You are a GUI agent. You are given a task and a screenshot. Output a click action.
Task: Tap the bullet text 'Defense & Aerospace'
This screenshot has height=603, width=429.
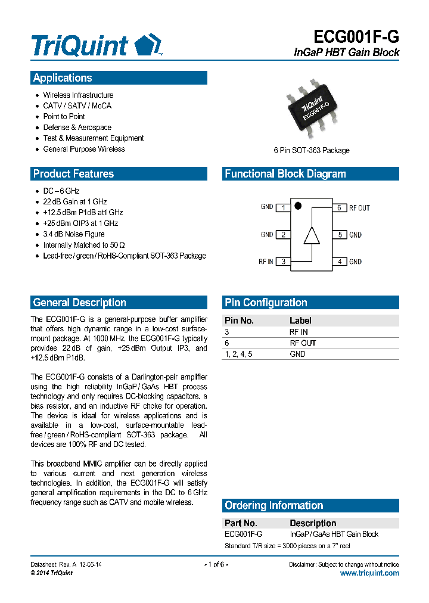(77, 128)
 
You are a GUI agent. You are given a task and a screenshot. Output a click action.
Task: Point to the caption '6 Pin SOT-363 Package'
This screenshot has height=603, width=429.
(312, 150)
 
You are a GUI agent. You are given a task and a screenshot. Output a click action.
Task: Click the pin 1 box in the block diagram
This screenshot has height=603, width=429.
(283, 207)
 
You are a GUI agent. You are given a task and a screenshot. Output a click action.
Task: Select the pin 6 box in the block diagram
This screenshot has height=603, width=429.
(339, 207)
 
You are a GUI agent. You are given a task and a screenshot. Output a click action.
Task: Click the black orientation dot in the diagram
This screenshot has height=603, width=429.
(299, 206)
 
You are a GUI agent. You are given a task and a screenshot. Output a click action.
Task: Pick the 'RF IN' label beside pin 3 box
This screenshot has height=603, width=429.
(266, 262)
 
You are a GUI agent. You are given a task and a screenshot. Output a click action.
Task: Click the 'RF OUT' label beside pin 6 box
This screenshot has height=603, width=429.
(359, 208)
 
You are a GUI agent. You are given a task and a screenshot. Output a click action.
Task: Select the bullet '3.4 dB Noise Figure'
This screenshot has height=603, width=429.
(73, 234)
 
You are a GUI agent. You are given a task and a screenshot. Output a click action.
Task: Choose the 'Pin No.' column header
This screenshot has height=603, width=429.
(239, 321)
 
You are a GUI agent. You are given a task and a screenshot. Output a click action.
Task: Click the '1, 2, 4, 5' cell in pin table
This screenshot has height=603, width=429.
(238, 354)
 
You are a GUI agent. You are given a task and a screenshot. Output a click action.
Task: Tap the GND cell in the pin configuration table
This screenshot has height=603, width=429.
(297, 354)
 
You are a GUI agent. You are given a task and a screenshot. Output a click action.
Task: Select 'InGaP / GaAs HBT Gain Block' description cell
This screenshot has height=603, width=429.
(334, 534)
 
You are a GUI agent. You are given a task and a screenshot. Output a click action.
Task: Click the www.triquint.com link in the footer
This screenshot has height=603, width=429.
(369, 573)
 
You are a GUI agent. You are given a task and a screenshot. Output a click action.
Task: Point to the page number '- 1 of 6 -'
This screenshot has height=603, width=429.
(216, 564)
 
